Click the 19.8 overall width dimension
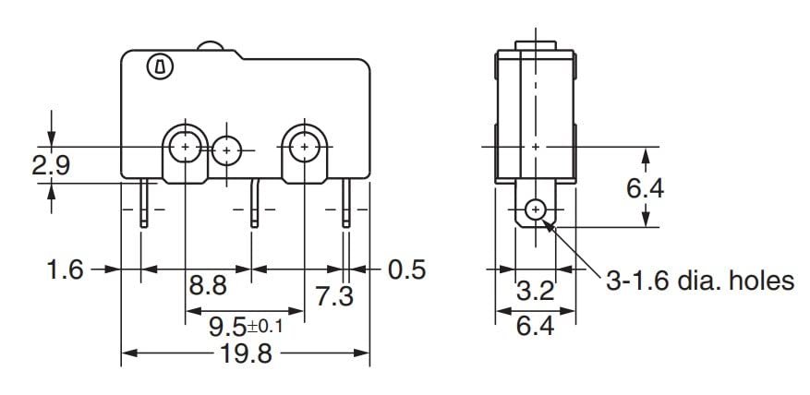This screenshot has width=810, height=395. (x=247, y=354)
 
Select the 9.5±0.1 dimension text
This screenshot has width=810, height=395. (x=245, y=325)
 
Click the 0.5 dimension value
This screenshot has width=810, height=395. (x=406, y=269)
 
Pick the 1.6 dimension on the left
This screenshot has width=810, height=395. (x=65, y=269)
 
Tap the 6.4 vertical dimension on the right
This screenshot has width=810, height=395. (x=645, y=188)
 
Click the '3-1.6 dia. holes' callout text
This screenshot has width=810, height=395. (x=699, y=281)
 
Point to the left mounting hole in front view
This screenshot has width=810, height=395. (x=186, y=146)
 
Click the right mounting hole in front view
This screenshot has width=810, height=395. (x=303, y=146)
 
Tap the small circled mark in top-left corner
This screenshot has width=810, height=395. (x=158, y=66)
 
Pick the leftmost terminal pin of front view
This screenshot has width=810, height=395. (x=145, y=204)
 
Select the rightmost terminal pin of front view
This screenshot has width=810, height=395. (x=346, y=204)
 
